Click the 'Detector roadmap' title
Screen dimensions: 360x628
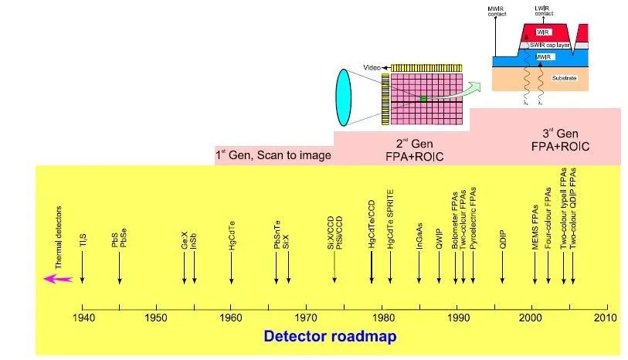pos(330,336)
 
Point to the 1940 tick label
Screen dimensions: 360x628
pos(82,318)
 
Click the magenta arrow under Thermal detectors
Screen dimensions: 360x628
pos(58,279)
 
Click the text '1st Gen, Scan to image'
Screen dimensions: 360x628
pos(273,155)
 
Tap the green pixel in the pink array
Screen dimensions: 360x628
pos(423,99)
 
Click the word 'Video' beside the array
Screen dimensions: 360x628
pos(371,69)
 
